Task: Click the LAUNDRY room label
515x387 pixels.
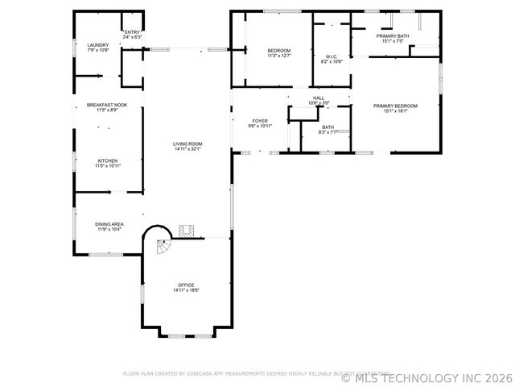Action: (97, 45)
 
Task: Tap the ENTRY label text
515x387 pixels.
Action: (132, 32)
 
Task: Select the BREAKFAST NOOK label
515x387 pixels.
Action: (108, 105)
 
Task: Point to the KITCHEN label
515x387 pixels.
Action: (108, 160)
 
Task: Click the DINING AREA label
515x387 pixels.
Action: (109, 225)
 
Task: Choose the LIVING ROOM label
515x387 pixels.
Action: (187, 144)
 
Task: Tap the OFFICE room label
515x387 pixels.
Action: (187, 285)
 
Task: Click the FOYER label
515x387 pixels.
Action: (260, 121)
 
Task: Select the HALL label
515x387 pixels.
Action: (319, 98)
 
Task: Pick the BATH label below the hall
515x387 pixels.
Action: (328, 127)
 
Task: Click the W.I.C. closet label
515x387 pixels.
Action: (332, 56)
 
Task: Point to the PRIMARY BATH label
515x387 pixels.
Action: (392, 36)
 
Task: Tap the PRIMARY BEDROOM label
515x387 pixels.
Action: (395, 106)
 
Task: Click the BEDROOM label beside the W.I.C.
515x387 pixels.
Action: (279, 51)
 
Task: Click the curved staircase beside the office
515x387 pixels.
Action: (160, 244)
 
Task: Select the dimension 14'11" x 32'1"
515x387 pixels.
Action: (187, 149)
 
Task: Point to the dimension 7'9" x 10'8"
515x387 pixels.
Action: (97, 50)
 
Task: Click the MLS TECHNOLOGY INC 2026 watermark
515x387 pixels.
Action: (426, 377)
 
